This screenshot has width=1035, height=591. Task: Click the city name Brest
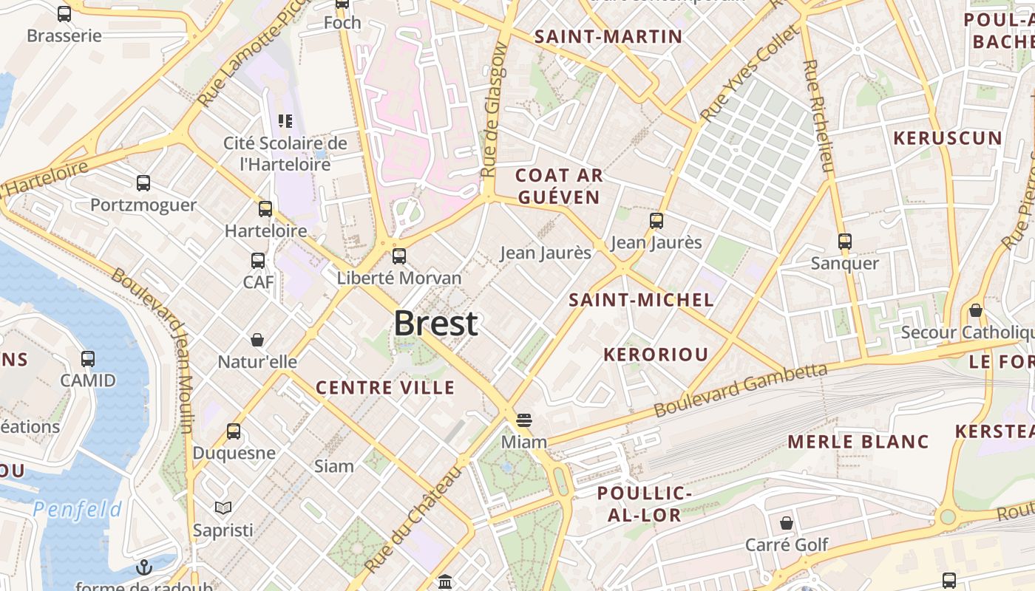(435, 324)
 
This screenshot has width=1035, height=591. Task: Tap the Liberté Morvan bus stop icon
(399, 256)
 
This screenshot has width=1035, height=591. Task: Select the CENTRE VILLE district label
(385, 387)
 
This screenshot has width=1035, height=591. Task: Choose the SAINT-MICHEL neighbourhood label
(641, 299)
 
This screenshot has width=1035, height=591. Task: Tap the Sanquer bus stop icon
(845, 241)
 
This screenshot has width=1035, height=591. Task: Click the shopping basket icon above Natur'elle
(257, 340)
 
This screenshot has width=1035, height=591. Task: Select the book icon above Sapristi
(223, 508)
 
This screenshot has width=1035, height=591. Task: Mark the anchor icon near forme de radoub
(144, 567)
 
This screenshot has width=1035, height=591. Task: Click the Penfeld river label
(78, 509)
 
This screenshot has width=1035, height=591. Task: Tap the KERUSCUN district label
(947, 138)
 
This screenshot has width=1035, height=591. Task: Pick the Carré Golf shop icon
(787, 523)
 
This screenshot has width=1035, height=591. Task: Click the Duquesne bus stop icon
(234, 431)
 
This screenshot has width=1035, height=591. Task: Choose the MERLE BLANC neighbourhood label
(858, 442)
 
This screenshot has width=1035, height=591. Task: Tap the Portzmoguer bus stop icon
(143, 183)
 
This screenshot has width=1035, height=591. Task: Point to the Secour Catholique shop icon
(976, 310)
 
